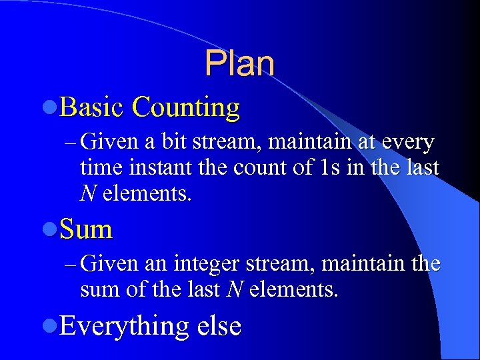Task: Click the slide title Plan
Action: click(x=239, y=64)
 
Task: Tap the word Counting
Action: click(x=186, y=108)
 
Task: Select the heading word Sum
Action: click(x=86, y=229)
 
